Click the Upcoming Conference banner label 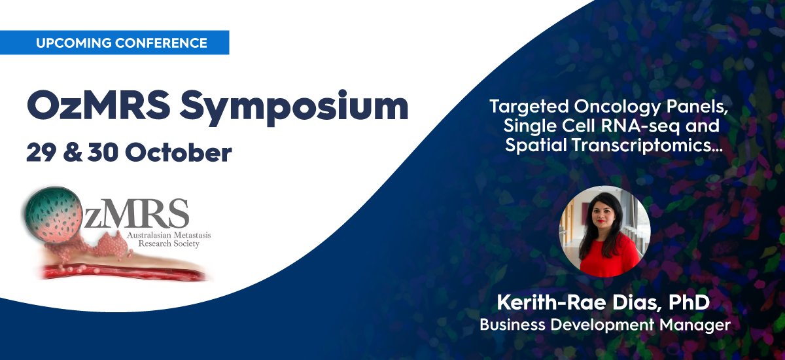click(122, 43)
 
